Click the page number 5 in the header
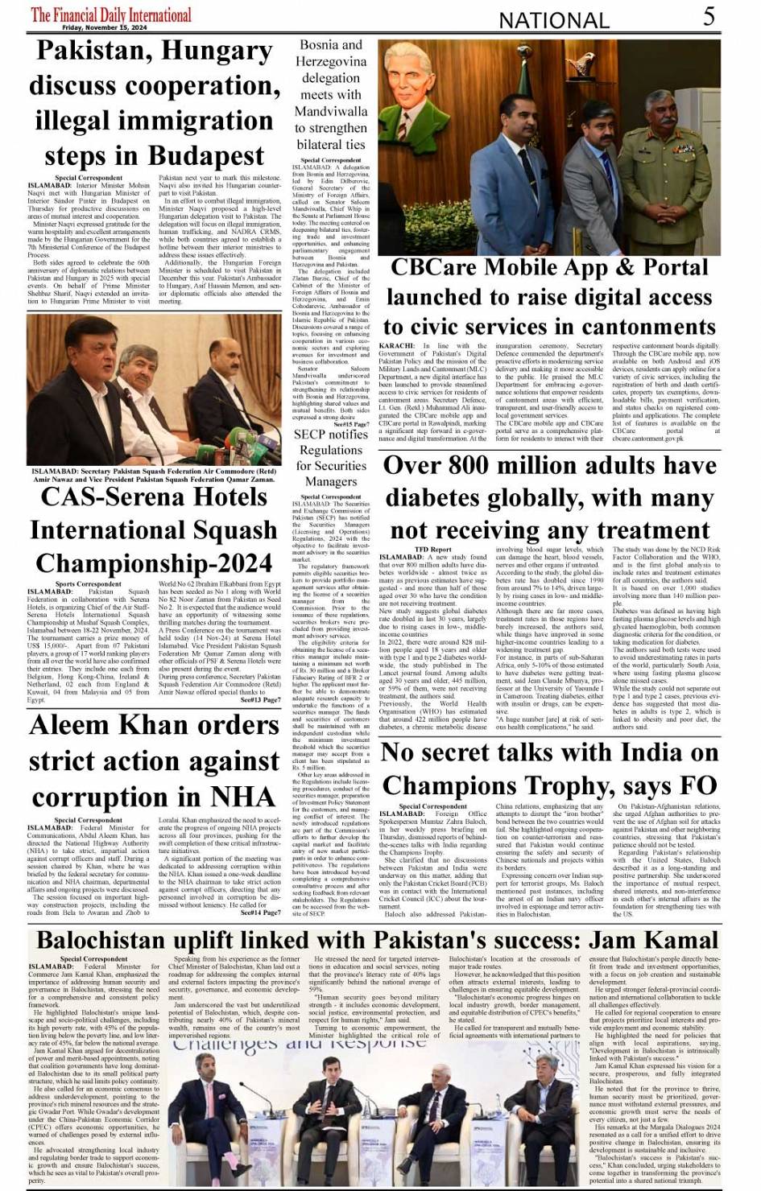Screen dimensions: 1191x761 pyautogui.click(x=709, y=16)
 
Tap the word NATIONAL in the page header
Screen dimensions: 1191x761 pyautogui.click(x=555, y=20)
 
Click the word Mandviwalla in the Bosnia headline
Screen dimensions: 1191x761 pyautogui.click(x=331, y=111)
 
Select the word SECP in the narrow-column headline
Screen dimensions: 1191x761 pyautogui.click(x=309, y=434)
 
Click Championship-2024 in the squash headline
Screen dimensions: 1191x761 pyautogui.click(x=154, y=563)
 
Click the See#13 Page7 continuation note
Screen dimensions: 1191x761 pyautogui.click(x=260, y=700)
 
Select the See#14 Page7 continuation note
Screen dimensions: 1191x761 pyautogui.click(x=260, y=913)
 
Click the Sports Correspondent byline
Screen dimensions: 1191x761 pyautogui.click(x=89, y=583)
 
